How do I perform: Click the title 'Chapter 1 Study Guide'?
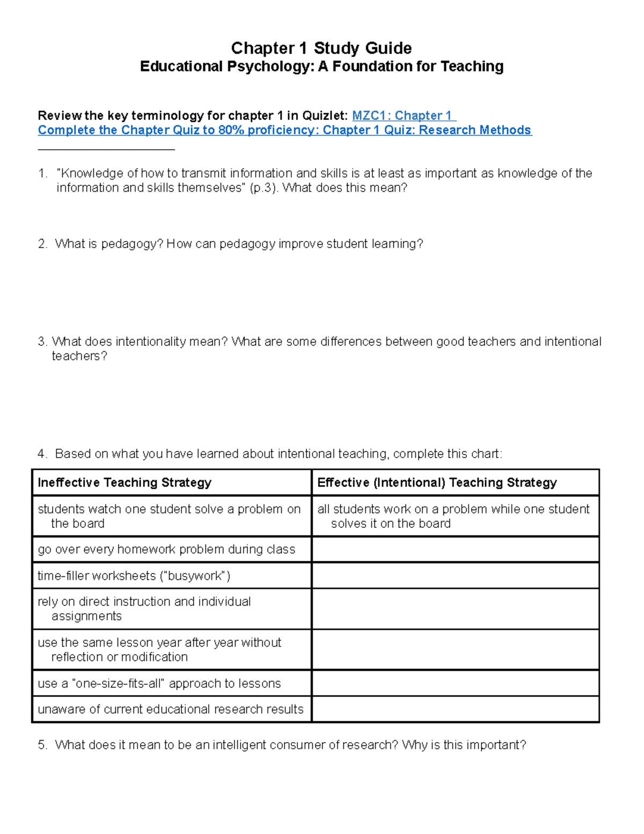tap(321, 48)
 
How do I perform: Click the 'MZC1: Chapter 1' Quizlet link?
tap(403, 115)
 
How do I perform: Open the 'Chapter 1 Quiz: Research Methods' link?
tap(427, 130)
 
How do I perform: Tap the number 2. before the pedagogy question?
tap(42, 244)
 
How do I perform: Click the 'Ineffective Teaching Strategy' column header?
tap(125, 482)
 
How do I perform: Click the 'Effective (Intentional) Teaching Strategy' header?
tap(437, 482)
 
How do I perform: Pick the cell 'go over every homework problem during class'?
tap(166, 549)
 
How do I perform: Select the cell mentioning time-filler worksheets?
tap(134, 576)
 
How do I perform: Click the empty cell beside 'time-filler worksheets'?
tap(455, 576)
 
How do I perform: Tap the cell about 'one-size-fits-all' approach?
tap(159, 683)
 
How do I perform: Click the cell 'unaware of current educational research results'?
tap(171, 709)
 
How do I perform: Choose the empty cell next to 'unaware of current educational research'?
tap(455, 709)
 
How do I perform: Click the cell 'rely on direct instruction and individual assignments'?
tap(144, 608)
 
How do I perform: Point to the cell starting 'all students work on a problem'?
tap(453, 516)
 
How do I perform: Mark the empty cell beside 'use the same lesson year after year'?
tap(455, 649)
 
